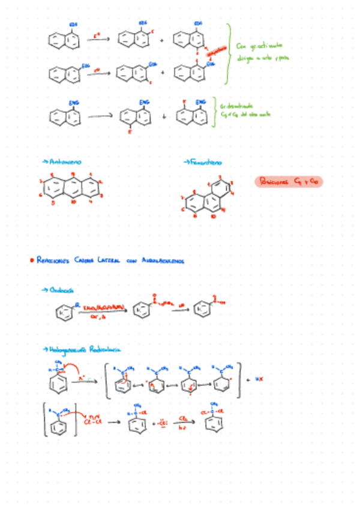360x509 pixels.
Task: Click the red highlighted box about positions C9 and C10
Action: (289, 181)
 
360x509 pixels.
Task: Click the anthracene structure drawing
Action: (71, 188)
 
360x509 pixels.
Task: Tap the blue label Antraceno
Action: (62, 162)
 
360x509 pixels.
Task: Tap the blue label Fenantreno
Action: (203, 162)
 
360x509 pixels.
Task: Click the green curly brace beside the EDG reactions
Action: (229, 54)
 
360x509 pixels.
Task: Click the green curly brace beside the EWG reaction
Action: (214, 112)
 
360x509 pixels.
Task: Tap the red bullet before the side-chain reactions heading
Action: (31, 261)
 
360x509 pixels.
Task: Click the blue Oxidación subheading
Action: (58, 290)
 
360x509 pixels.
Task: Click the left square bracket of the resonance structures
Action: (107, 379)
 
